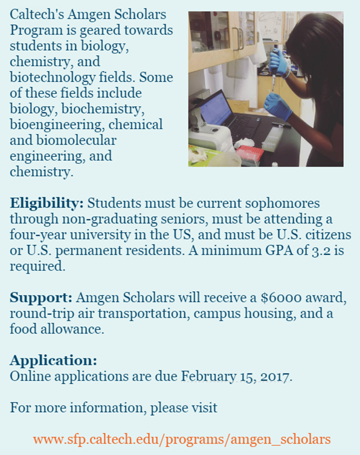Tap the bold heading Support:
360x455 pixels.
pyautogui.click(x=40, y=298)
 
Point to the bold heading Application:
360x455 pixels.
pyautogui.click(x=53, y=361)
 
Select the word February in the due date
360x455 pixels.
pyautogui.click(x=209, y=376)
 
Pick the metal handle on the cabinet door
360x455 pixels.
pyautogui.click(x=240, y=41)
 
